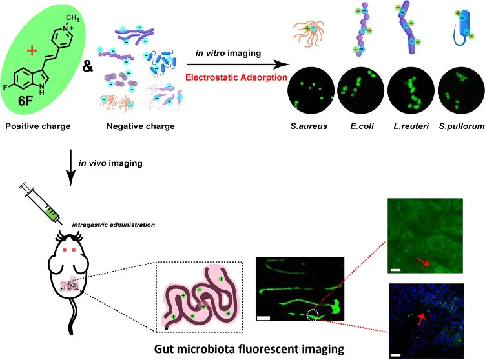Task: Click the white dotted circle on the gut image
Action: tap(313, 315)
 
